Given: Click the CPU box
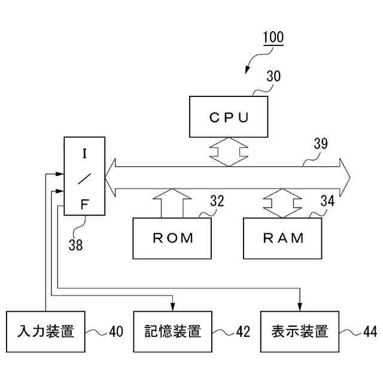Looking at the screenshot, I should [229, 117].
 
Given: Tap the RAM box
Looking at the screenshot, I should [284, 238].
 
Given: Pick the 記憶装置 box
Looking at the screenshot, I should [173, 331].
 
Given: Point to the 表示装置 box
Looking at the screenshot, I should [299, 331].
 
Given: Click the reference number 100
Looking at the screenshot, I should [273, 37].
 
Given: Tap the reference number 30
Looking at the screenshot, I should [273, 77].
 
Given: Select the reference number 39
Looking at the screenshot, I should [321, 144].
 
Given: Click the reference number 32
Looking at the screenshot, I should [217, 201].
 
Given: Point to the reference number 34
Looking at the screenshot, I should [327, 201].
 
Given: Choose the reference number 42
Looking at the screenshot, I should [242, 332].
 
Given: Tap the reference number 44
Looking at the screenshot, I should [369, 332].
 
